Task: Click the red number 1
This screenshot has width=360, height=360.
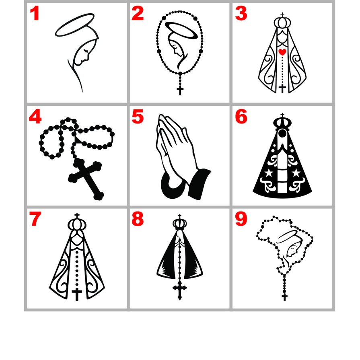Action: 35,14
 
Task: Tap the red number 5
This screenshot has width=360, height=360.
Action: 138,117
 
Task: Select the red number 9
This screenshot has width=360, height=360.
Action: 241,220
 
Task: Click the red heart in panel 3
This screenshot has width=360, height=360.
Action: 282,51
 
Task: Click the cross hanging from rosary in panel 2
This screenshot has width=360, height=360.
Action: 180,89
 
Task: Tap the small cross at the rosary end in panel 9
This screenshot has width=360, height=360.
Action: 285,297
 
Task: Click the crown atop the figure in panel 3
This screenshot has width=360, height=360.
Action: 282,21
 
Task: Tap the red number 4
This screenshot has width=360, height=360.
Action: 35,117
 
